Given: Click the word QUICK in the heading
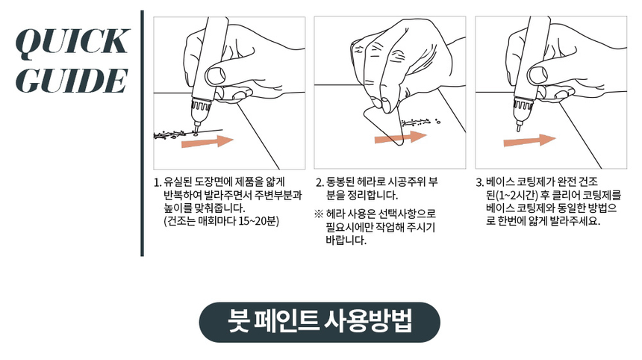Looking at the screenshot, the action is (x=72, y=42).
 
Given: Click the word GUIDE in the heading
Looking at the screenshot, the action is (x=72, y=80).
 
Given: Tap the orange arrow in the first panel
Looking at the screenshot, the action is (x=208, y=141).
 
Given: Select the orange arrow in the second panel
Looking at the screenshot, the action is (x=401, y=137).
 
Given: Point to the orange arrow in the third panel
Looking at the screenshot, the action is (x=529, y=140).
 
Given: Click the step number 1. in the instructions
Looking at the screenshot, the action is (x=158, y=181).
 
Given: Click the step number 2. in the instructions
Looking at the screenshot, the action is (x=320, y=181).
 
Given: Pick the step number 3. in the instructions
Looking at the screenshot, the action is (x=480, y=181).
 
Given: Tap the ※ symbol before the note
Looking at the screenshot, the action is (x=319, y=214).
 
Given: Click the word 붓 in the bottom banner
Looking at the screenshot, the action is (x=239, y=320).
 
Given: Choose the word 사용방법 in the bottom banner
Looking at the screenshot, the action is (x=368, y=320).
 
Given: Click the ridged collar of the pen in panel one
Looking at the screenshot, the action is (x=201, y=105).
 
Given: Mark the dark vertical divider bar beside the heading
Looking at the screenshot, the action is (x=142, y=134).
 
